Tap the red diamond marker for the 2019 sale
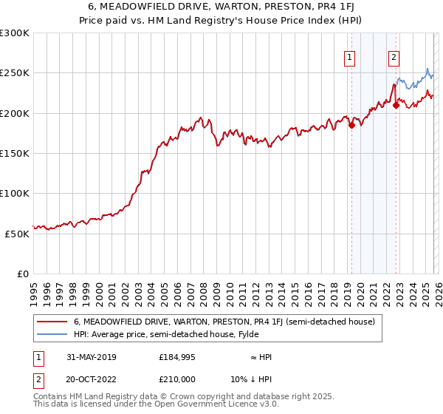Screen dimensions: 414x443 [351, 126]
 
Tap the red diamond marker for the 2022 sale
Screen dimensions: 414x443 [396, 105]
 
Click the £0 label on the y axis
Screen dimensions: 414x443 [22, 274]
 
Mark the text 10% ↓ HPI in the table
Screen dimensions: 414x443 [252, 379]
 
